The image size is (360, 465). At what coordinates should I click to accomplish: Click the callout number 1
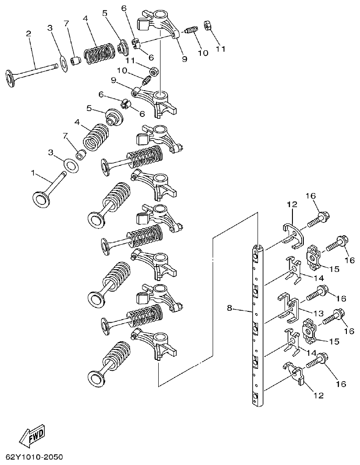[33, 173]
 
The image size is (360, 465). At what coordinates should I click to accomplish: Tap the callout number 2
[29, 34]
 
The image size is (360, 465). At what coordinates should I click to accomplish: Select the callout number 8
[229, 308]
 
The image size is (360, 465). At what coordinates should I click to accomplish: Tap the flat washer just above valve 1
[71, 164]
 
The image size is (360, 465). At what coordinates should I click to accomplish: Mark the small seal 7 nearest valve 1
[81, 155]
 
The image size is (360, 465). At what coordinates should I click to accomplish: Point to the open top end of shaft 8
[257, 247]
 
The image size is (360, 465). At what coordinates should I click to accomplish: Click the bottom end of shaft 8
[257, 401]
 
